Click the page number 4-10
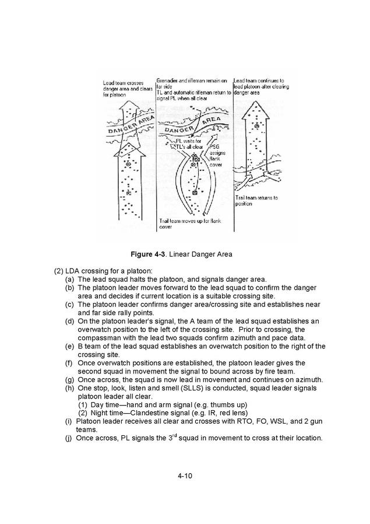[x=185, y=476]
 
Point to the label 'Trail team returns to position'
[x=256, y=201]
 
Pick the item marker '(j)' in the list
[x=69, y=438]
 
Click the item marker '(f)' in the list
[x=69, y=363]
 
